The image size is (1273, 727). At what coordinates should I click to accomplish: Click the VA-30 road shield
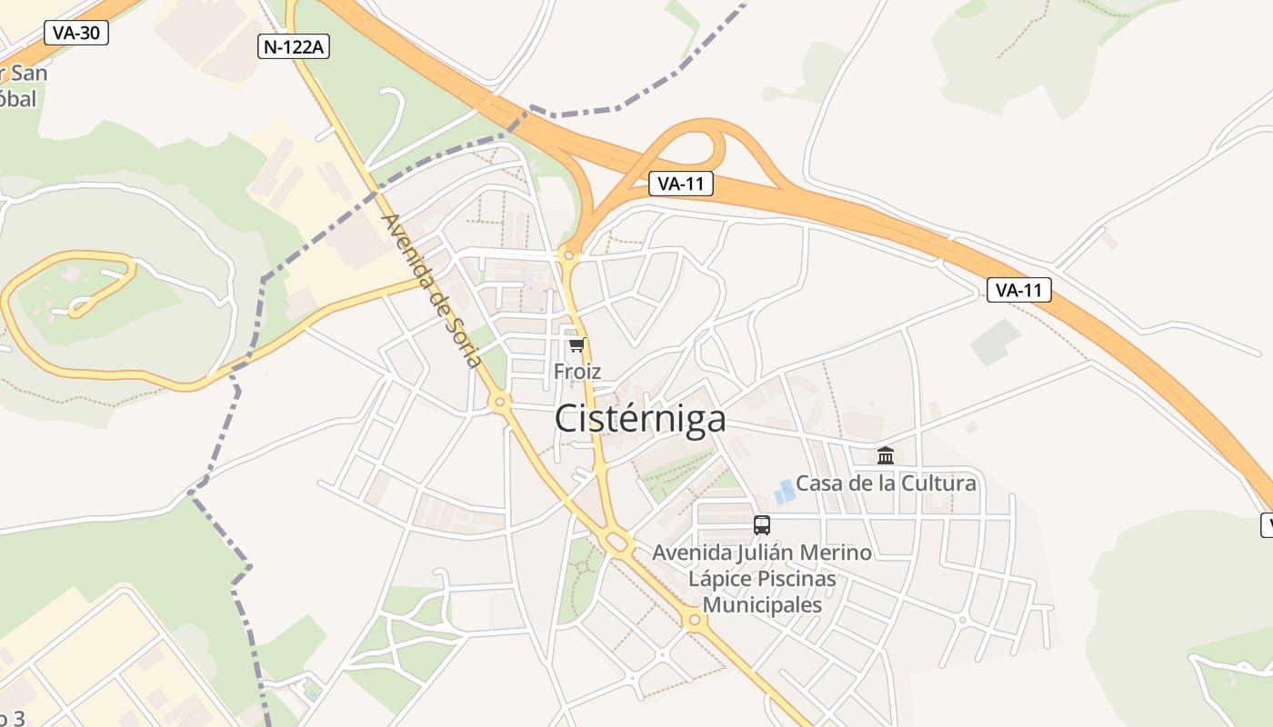coord(76,34)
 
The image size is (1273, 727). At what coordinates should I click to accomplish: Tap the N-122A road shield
coord(293,47)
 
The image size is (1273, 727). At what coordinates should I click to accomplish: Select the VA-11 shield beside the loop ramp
coord(681,184)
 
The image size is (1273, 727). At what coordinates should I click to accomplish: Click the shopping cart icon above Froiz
coord(576,345)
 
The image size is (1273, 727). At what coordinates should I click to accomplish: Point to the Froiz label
coord(577,371)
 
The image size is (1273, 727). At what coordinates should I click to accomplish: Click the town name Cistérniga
coord(640,419)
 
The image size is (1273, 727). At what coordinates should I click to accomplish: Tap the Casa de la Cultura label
coord(886,483)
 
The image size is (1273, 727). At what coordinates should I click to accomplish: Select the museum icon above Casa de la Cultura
coord(886,455)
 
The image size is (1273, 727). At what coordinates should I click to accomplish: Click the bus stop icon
coord(762,524)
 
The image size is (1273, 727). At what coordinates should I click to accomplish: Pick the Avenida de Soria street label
coord(432,290)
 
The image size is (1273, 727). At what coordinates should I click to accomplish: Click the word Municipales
coord(763,604)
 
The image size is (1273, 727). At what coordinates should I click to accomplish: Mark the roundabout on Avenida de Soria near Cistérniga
coord(499,401)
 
